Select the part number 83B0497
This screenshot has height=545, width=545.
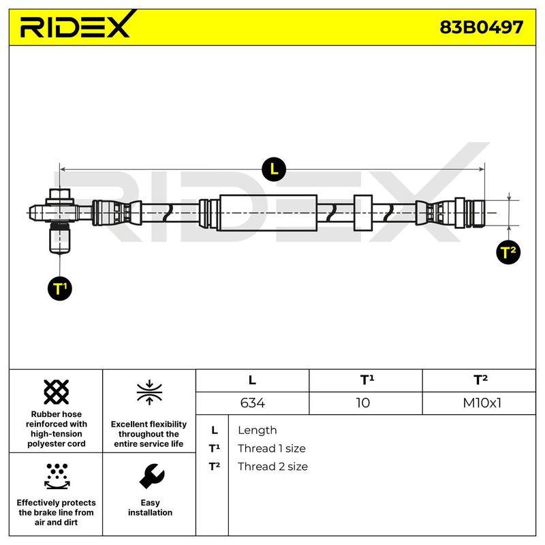point(482,27)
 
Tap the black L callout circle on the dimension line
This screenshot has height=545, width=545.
point(274,169)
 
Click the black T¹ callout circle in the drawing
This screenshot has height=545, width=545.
point(60,288)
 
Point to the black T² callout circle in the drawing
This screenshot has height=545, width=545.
point(508,252)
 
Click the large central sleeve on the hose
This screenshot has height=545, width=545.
point(268,213)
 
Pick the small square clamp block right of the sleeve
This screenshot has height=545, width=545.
point(363,213)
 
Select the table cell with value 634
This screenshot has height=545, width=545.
point(252,403)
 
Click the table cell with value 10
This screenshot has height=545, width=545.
point(366,403)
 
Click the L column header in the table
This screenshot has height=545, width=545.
point(252,381)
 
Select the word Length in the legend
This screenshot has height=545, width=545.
point(258,431)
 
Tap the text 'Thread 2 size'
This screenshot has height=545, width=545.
point(273,467)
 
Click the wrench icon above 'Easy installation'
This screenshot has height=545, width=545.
point(151,476)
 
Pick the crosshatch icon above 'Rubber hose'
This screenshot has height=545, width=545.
point(57,392)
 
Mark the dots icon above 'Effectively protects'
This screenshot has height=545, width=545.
point(57,476)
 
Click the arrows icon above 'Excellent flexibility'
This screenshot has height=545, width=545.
point(149,392)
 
